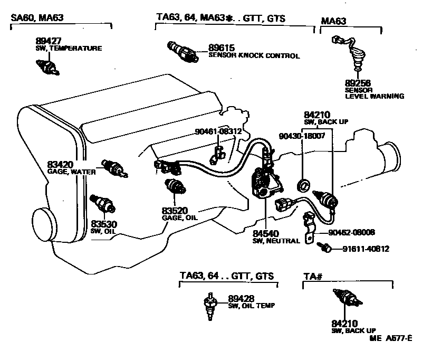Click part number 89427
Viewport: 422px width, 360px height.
47,41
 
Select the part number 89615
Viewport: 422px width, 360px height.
221,48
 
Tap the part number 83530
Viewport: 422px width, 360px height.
103,224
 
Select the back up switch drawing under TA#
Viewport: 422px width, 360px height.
346,300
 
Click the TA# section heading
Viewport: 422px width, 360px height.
313,276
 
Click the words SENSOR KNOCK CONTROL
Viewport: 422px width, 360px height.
254,55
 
